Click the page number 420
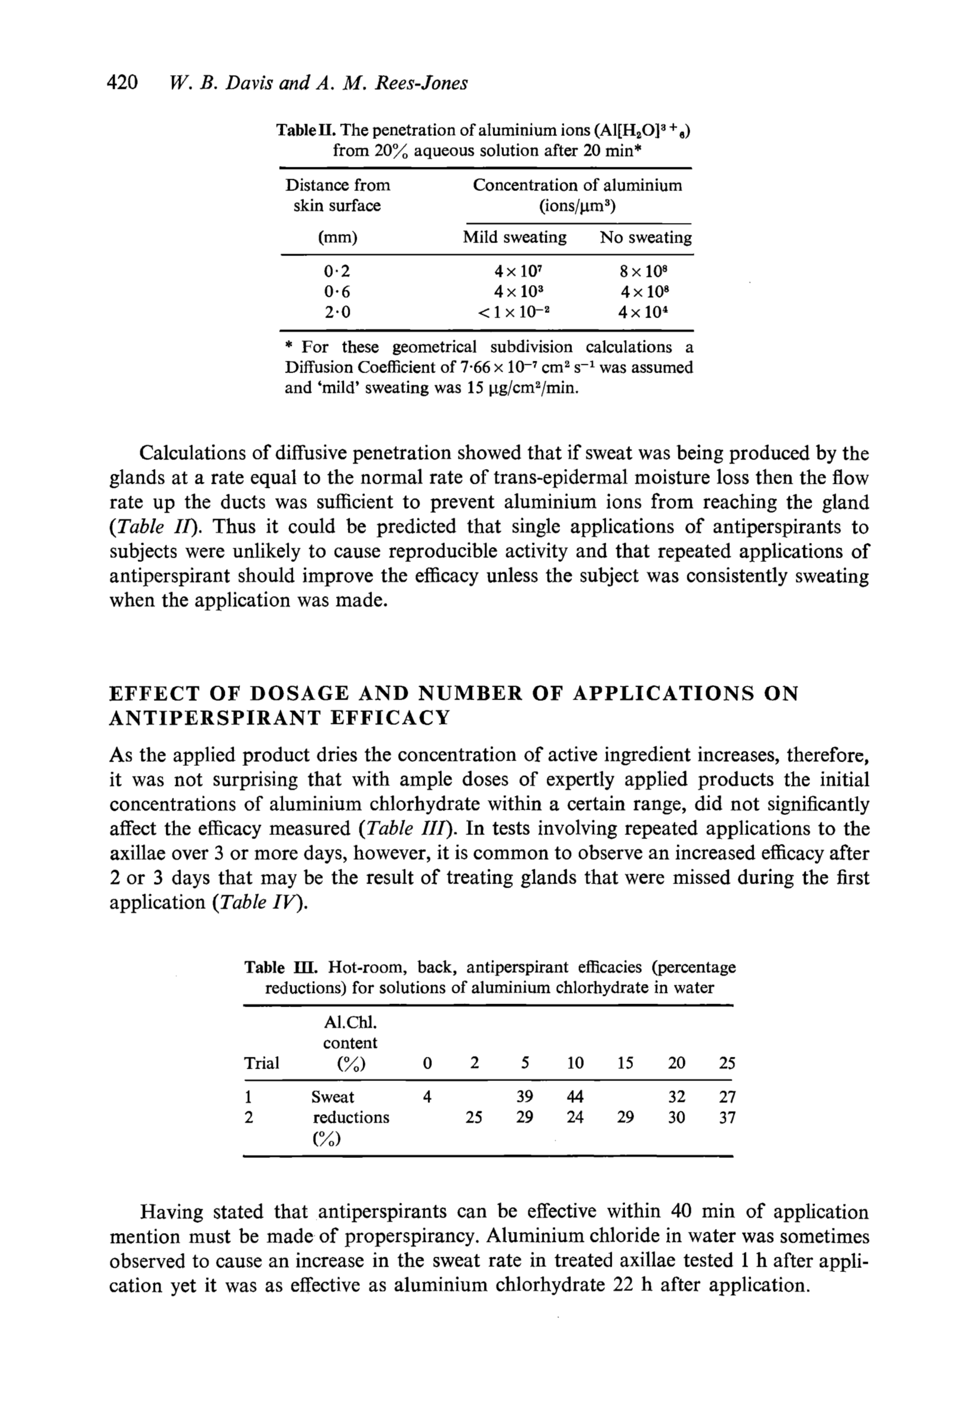[x=122, y=82]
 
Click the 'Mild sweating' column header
[x=514, y=237]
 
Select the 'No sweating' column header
[x=645, y=237]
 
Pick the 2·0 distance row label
[x=337, y=312]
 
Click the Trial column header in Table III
[x=262, y=1063]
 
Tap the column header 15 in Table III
[x=625, y=1063]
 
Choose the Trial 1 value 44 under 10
[x=575, y=1096]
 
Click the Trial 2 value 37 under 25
[x=727, y=1117]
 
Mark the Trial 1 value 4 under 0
[x=427, y=1096]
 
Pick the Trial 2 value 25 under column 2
[x=474, y=1117]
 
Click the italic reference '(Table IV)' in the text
[x=259, y=902]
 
